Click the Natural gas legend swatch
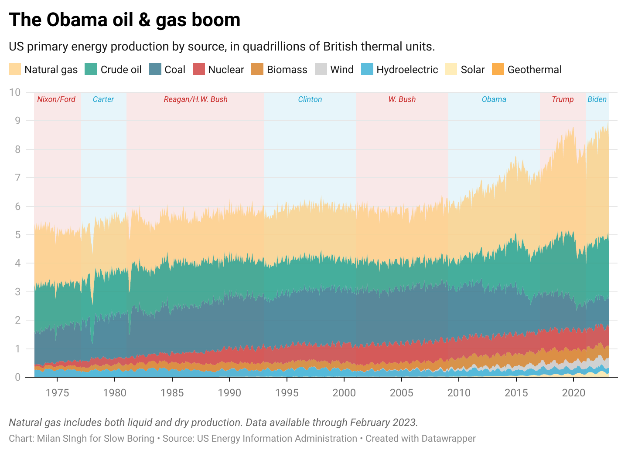pyautogui.click(x=15, y=69)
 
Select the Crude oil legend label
pyautogui.click(x=121, y=70)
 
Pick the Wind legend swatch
pyautogui.click(x=321, y=69)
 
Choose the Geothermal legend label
pyautogui.click(x=534, y=70)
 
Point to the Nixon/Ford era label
pyautogui.click(x=56, y=99)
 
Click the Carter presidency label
pyautogui.click(x=103, y=99)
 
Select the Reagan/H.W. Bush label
pyautogui.click(x=195, y=99)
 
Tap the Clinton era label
pyautogui.click(x=310, y=99)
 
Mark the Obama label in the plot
pyautogui.click(x=494, y=99)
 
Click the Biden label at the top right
pyautogui.click(x=597, y=99)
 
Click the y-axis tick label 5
pyautogui.click(x=17, y=235)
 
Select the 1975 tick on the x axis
pyautogui.click(x=57, y=393)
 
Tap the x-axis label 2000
pyautogui.click(x=344, y=393)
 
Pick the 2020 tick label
pyautogui.click(x=573, y=393)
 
